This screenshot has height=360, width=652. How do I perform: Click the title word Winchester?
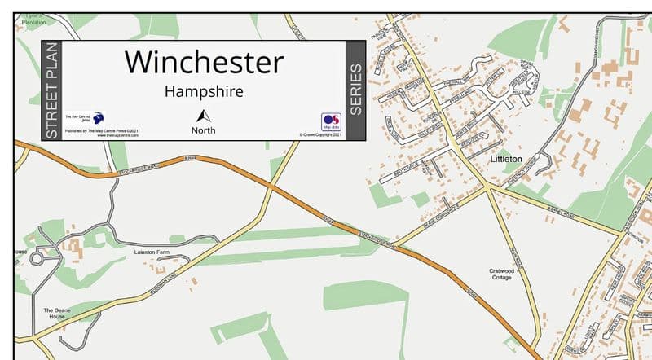(205, 62)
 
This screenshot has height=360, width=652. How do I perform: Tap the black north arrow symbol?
(204, 116)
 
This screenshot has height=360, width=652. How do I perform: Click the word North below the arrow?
(204, 130)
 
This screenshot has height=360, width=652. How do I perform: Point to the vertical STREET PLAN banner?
(51, 90)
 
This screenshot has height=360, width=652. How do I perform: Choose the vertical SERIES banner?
(355, 90)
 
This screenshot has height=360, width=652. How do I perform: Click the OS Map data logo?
(331, 122)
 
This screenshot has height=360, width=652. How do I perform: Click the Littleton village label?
(506, 160)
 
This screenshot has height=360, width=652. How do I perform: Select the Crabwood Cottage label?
(500, 274)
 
